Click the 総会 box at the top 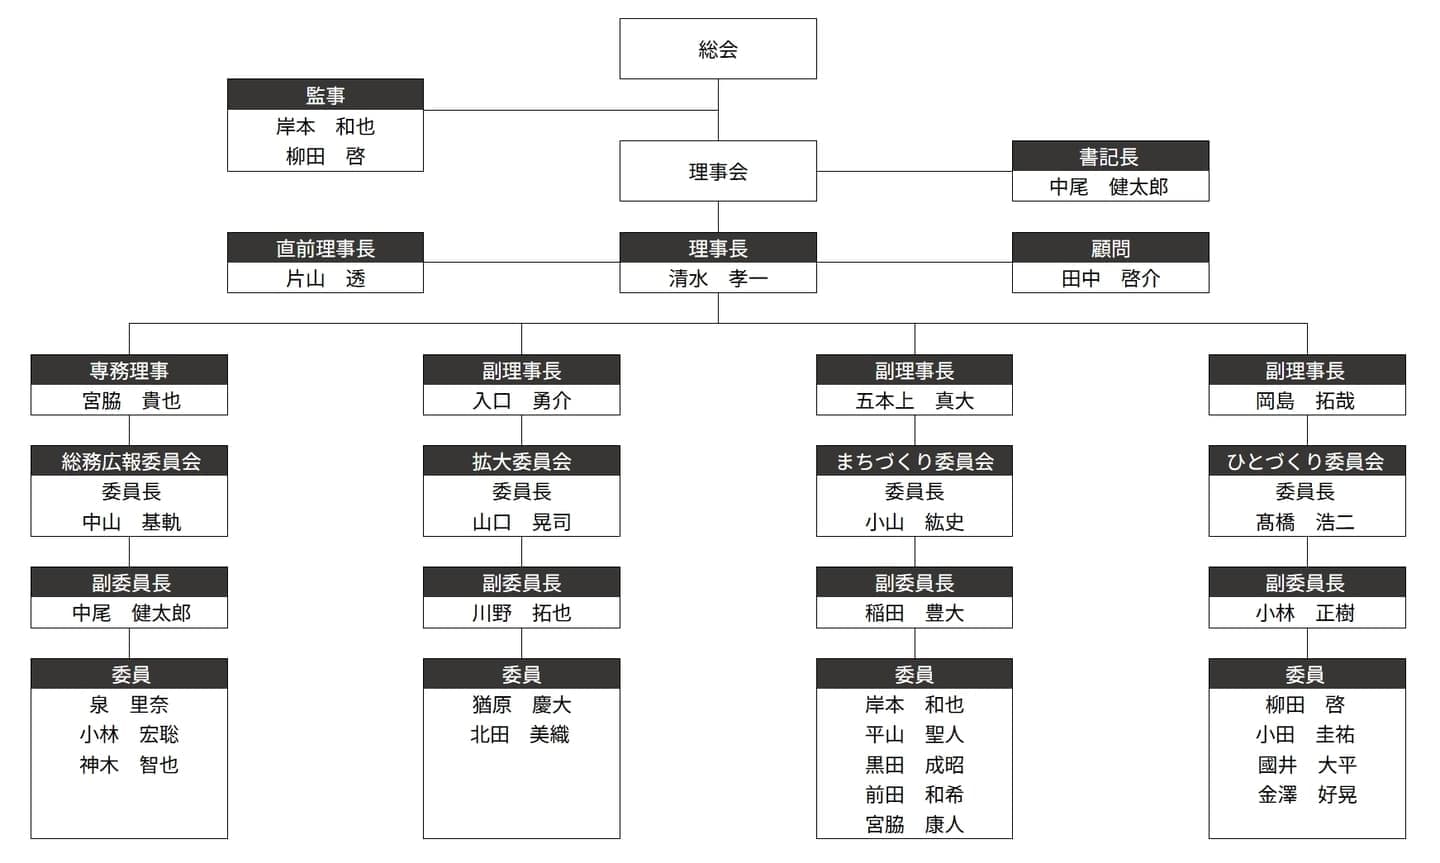pyautogui.click(x=717, y=49)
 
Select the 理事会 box pyautogui.click(x=717, y=171)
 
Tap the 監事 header pyautogui.click(x=325, y=95)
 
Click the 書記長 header pyautogui.click(x=1110, y=156)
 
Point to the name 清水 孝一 pyautogui.click(x=717, y=278)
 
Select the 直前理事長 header pyautogui.click(x=325, y=248)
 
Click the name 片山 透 pyautogui.click(x=325, y=278)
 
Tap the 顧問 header pyautogui.click(x=1110, y=248)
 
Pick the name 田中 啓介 pyautogui.click(x=1110, y=278)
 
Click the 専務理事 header pyautogui.click(x=129, y=370)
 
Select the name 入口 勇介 pyautogui.click(x=521, y=401)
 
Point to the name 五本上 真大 pyautogui.click(x=914, y=401)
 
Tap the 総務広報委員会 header pyautogui.click(x=129, y=460)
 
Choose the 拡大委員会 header pyautogui.click(x=521, y=460)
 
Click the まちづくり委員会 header pyautogui.click(x=914, y=460)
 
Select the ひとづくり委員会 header pyautogui.click(x=1307, y=460)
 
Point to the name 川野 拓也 pyautogui.click(x=521, y=613)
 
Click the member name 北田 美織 pyautogui.click(x=520, y=734)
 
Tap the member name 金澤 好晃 pyautogui.click(x=1307, y=795)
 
